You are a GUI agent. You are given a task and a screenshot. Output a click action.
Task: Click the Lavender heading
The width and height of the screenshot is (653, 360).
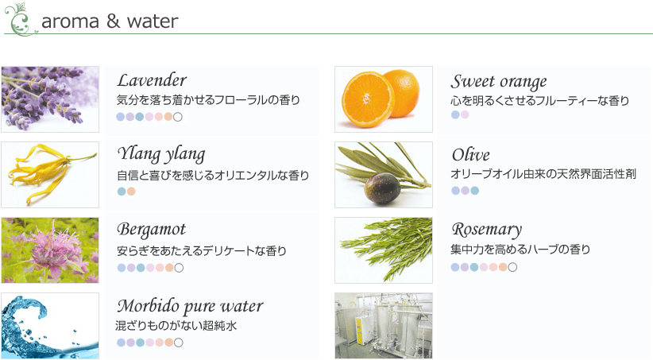tap(152, 80)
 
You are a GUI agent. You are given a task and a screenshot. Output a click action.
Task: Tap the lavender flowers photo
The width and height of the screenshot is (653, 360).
tap(50, 99)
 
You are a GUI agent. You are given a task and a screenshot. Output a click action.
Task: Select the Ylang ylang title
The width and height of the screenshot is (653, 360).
tap(161, 154)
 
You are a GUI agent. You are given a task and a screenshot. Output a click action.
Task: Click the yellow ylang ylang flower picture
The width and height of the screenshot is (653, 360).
tap(50, 175)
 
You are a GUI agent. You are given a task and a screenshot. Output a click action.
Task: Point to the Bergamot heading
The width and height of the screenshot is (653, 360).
tap(151, 230)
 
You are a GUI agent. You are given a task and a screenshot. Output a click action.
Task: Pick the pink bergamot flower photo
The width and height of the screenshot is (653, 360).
tap(50, 250)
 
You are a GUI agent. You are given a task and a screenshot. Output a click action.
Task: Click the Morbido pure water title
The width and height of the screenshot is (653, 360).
tap(190, 306)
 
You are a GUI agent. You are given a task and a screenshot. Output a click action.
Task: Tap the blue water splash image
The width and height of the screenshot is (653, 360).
tap(50, 325)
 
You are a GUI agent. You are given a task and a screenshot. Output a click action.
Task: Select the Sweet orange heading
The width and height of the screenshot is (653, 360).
tap(499, 82)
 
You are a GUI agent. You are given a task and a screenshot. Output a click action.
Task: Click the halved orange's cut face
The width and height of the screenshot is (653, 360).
tap(367, 99)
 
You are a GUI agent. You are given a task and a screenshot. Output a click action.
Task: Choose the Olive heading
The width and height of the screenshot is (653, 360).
tap(470, 155)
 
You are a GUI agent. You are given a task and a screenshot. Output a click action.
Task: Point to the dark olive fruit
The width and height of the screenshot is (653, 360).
tap(382, 189)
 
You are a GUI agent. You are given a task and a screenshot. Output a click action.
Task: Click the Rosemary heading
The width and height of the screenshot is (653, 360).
tap(487, 230)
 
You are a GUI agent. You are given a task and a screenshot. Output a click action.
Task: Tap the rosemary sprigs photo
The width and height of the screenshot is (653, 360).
tap(384, 250)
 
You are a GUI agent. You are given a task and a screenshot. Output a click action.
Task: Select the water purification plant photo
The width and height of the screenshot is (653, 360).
tap(384, 325)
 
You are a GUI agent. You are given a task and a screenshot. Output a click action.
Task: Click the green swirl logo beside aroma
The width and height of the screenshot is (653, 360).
tap(20, 20)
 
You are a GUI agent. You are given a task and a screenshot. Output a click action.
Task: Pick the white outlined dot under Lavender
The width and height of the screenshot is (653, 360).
tap(178, 117)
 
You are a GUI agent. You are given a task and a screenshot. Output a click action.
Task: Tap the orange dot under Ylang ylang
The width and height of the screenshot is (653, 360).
tap(131, 192)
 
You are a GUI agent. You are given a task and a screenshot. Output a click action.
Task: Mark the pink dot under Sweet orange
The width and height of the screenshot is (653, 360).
tap(465, 114)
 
